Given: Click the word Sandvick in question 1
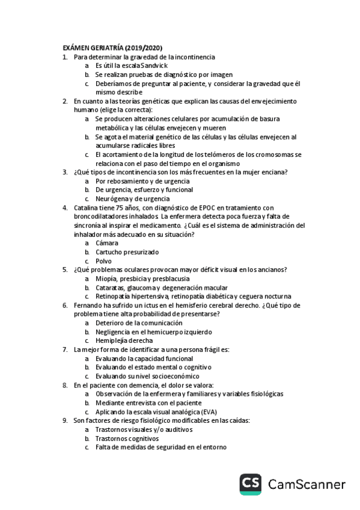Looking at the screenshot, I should tap(154, 66).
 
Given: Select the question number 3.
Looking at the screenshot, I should tap(65, 172).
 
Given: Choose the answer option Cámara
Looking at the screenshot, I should tap(107, 243).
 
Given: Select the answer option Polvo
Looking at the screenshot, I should tap(103, 261).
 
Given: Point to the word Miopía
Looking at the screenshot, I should tap(106, 278).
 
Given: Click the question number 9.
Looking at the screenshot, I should tap(65, 421).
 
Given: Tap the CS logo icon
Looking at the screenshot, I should tap(252, 485).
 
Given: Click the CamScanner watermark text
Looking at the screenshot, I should tap(307, 485).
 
